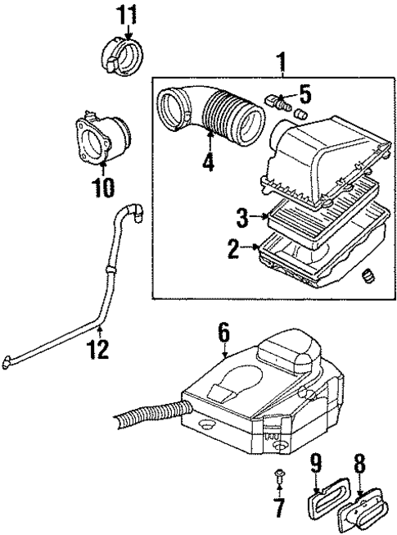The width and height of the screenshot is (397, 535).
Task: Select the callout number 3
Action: (x=243, y=218)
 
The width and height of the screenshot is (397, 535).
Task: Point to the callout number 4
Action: (x=209, y=161)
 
